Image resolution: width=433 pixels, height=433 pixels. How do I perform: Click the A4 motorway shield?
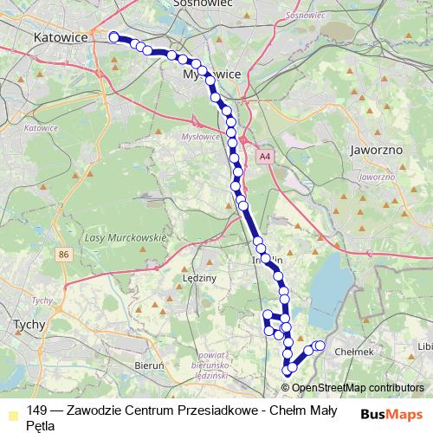[x=265, y=157]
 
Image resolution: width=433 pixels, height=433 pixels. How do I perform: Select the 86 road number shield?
[x=63, y=255]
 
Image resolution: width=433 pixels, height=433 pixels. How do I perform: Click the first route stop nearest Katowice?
[x=113, y=36]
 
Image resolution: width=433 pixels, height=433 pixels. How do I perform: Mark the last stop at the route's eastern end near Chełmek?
[x=320, y=346]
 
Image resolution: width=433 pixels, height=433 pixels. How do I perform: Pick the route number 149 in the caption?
[x=37, y=410]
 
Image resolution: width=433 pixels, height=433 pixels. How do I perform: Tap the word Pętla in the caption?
[x=40, y=425]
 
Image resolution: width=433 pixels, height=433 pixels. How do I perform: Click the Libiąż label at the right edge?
[x=424, y=346]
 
